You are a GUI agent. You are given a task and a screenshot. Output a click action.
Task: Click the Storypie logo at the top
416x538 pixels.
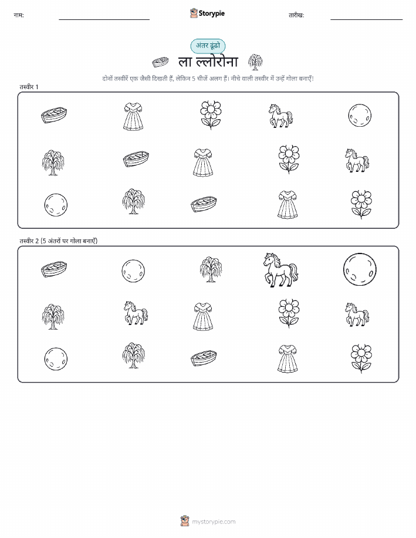click(x=207, y=13)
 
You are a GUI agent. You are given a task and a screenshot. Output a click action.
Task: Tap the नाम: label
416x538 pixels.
click(x=19, y=15)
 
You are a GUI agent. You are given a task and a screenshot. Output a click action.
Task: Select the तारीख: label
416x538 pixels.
click(x=296, y=15)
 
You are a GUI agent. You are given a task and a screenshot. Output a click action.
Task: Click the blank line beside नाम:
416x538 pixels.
click(x=104, y=19)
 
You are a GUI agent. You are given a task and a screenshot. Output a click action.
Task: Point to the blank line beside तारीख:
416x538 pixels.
click(x=366, y=19)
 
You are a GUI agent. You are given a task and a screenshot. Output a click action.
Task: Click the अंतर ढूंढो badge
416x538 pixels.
click(x=208, y=46)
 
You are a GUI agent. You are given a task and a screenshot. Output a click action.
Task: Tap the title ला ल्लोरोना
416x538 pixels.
click(x=208, y=62)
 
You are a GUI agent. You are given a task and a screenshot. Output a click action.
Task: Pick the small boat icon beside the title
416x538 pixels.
click(x=160, y=62)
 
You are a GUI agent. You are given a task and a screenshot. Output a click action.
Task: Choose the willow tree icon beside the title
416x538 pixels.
click(x=255, y=62)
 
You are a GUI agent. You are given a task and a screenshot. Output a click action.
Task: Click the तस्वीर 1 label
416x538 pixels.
click(x=29, y=87)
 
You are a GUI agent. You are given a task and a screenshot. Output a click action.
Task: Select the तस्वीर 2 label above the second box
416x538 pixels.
click(x=58, y=241)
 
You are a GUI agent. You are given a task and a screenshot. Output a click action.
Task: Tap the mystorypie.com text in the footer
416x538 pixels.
click(x=214, y=522)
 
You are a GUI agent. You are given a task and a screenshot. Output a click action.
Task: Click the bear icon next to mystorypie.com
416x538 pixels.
click(x=185, y=521)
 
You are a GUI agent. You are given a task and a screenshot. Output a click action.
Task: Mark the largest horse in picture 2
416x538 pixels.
click(x=281, y=270)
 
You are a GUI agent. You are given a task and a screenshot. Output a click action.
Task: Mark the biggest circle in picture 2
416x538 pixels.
click(x=360, y=269)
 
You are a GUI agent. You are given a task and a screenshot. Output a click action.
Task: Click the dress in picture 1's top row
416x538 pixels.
click(x=133, y=116)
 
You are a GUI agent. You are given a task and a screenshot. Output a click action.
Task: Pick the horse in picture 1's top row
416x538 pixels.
click(x=281, y=116)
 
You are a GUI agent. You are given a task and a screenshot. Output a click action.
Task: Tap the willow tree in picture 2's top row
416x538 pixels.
click(x=211, y=269)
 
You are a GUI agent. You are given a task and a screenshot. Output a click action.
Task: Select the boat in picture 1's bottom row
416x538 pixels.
click(x=204, y=205)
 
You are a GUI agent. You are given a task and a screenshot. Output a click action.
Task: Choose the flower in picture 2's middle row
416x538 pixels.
click(x=289, y=313)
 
